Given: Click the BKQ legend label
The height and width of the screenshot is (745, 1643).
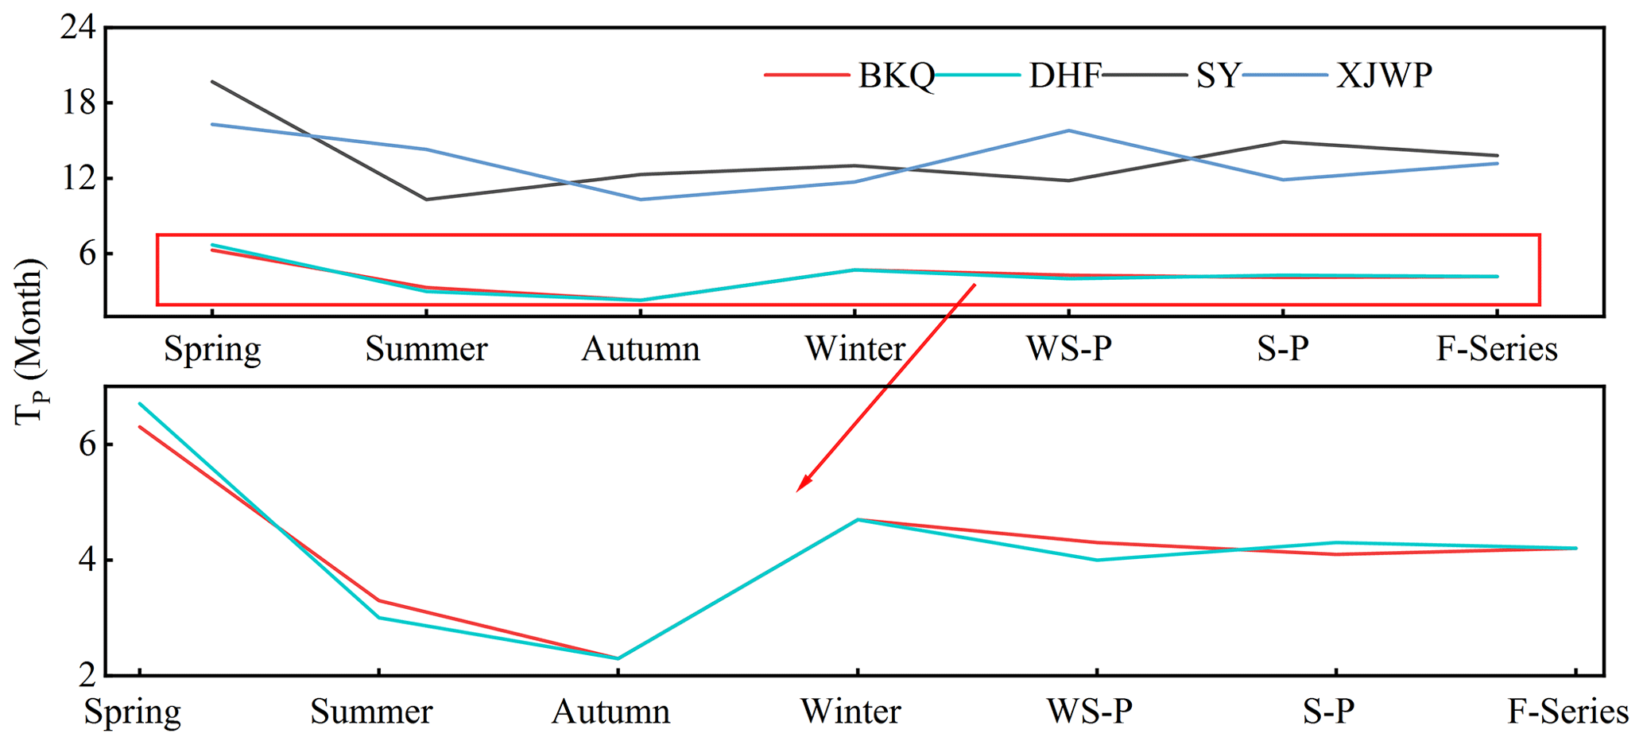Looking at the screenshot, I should tap(896, 76).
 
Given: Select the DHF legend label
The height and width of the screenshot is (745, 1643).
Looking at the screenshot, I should tap(1064, 76).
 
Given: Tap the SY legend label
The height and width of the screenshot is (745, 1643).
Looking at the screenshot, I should tap(1218, 76).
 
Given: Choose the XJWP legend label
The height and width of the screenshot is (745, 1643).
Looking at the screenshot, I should tap(1384, 76).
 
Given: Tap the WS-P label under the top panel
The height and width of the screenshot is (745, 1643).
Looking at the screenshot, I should tap(1068, 349).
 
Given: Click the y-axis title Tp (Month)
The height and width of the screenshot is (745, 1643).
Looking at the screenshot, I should tap(30, 342).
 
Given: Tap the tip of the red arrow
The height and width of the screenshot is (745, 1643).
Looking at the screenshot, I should tap(798, 491).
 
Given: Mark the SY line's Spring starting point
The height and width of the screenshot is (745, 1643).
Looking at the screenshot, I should tap(211, 81).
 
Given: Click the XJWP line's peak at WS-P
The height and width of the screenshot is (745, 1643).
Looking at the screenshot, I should tap(1069, 130).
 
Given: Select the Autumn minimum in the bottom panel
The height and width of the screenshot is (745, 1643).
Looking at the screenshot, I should tap(618, 658).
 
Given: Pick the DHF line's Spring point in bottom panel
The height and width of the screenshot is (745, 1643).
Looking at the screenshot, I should tap(140, 403).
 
